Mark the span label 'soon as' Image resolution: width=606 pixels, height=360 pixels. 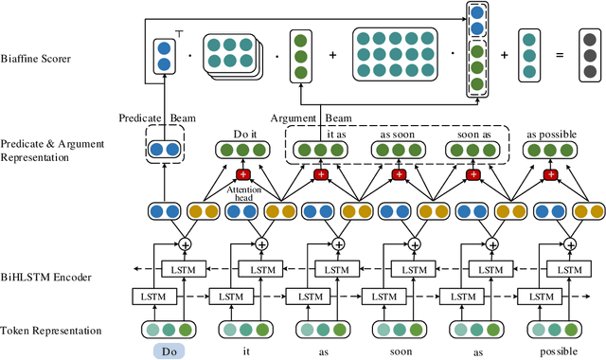pos(474,135)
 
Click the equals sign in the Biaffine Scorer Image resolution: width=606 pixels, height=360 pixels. pos(560,56)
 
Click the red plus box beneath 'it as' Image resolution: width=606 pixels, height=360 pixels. pos(319,176)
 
